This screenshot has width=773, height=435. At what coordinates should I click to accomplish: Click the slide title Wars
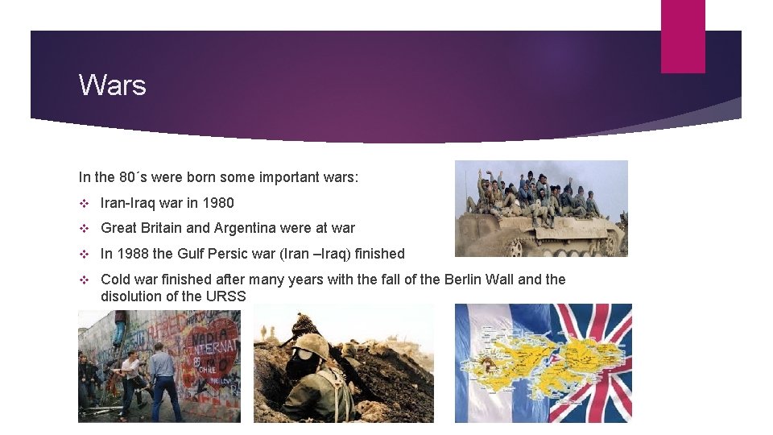(x=112, y=85)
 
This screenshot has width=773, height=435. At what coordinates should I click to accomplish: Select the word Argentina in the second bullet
(x=248, y=228)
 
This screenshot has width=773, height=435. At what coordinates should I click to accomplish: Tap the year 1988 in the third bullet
(x=132, y=254)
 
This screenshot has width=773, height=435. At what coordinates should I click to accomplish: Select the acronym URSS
(x=227, y=296)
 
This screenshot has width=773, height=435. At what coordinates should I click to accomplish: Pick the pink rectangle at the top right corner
(x=683, y=35)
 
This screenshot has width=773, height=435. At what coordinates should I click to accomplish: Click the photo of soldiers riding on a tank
(x=541, y=208)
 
